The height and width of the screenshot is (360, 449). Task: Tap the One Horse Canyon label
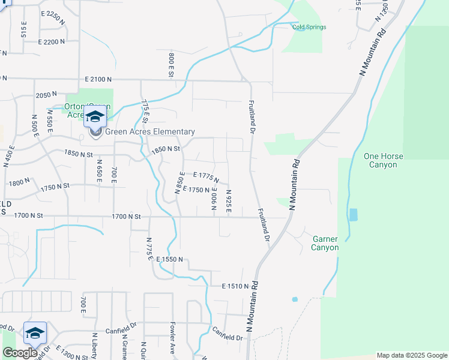tap(384, 161)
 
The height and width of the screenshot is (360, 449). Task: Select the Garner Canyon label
tap(325, 243)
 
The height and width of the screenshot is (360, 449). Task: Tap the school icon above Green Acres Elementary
tap(95, 116)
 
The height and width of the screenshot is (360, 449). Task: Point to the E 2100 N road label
tap(99, 79)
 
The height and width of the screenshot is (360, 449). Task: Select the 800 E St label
tap(171, 65)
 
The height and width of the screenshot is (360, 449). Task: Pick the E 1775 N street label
tap(202, 176)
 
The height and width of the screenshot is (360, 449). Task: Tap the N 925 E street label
tap(229, 200)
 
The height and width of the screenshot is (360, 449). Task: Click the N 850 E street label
tap(179, 182)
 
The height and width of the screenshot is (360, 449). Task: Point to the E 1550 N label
tap(173, 260)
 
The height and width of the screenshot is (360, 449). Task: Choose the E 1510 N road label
tap(235, 287)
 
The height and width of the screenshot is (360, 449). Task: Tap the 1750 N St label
tap(56, 187)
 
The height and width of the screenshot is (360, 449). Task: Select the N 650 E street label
tap(98, 171)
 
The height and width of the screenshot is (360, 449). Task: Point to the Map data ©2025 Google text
tap(412, 355)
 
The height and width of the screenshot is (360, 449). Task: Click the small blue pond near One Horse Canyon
tap(352, 214)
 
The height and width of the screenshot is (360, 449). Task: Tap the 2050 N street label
tap(46, 95)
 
